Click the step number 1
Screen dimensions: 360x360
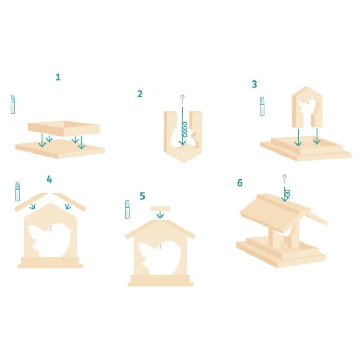click(58, 77)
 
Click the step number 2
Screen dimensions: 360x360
click(140, 94)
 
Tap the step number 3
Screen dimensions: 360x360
click(254, 84)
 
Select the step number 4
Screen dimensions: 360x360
click(49, 179)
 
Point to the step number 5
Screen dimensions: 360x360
click(142, 196)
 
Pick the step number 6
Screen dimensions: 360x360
click(240, 183)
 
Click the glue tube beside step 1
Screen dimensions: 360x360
click(13, 104)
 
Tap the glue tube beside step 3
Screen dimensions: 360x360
click(262, 106)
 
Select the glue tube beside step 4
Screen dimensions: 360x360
click(17, 191)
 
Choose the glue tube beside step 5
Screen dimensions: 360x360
click(128, 209)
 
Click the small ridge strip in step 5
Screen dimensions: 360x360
click(160, 209)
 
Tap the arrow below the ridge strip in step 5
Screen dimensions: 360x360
click(160, 215)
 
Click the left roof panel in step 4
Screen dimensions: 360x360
click(31, 202)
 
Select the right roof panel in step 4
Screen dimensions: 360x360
click(69, 202)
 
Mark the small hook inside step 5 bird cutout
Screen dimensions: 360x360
click(160, 247)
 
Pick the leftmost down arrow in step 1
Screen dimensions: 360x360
click(42, 141)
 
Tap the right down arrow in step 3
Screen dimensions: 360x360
click(317, 137)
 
